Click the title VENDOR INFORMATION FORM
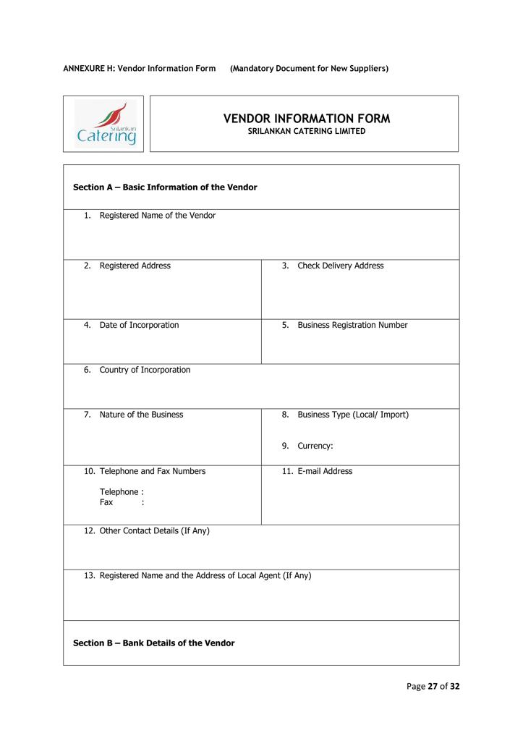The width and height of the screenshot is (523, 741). click(307, 118)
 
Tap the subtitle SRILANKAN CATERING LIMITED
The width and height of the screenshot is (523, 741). click(307, 131)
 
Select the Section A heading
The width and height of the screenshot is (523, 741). click(165, 187)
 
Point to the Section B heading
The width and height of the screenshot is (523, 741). click(154, 643)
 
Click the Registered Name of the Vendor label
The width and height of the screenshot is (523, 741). click(157, 215)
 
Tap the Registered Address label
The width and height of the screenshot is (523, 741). click(135, 266)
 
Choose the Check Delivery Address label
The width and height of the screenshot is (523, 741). click(340, 266)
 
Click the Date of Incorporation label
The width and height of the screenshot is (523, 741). click(139, 325)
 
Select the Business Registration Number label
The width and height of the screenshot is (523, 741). click(352, 325)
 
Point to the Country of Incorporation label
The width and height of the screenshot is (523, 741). click(145, 370)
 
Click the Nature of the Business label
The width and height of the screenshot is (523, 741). click(141, 415)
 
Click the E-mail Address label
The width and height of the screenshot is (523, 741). click(325, 471)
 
